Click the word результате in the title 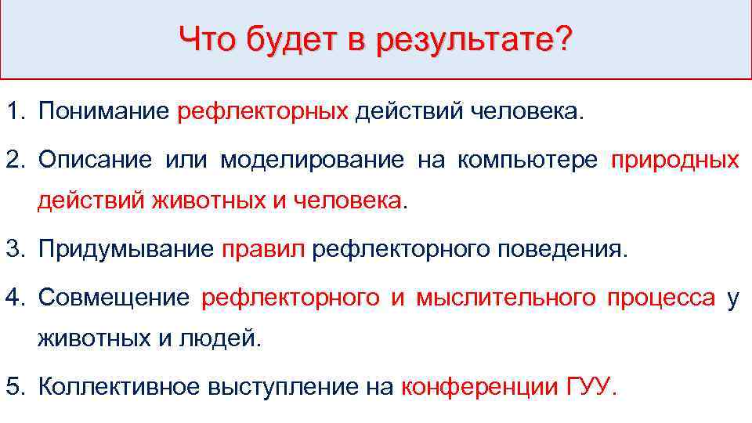(x=464, y=40)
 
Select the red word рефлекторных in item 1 (x=262, y=113)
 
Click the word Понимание (x=103, y=112)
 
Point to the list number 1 (x=16, y=112)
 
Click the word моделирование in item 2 (x=313, y=161)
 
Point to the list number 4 (x=16, y=298)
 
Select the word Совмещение (x=114, y=298)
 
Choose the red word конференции (x=479, y=387)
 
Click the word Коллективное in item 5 (x=117, y=387)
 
